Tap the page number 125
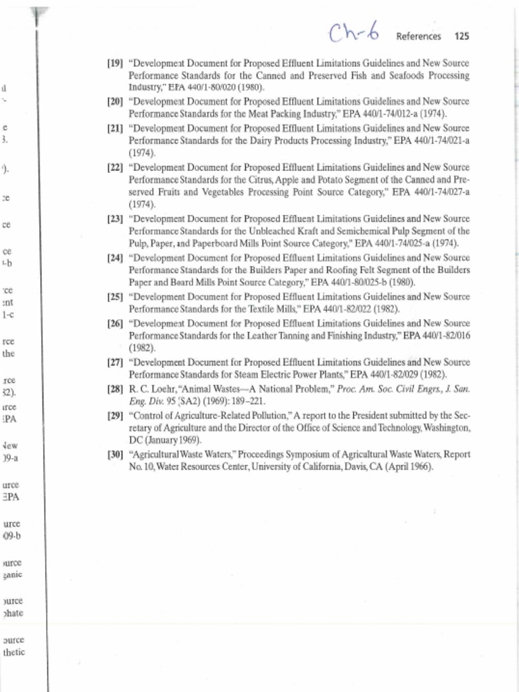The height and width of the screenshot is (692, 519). point(462,36)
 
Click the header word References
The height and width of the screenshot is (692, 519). point(418,36)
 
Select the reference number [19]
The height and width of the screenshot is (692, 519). point(115,64)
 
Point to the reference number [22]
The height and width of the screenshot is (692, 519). point(115,167)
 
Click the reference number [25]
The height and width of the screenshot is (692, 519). point(115,297)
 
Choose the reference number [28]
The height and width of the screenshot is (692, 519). point(115,389)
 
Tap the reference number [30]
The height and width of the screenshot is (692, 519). point(115,455)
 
